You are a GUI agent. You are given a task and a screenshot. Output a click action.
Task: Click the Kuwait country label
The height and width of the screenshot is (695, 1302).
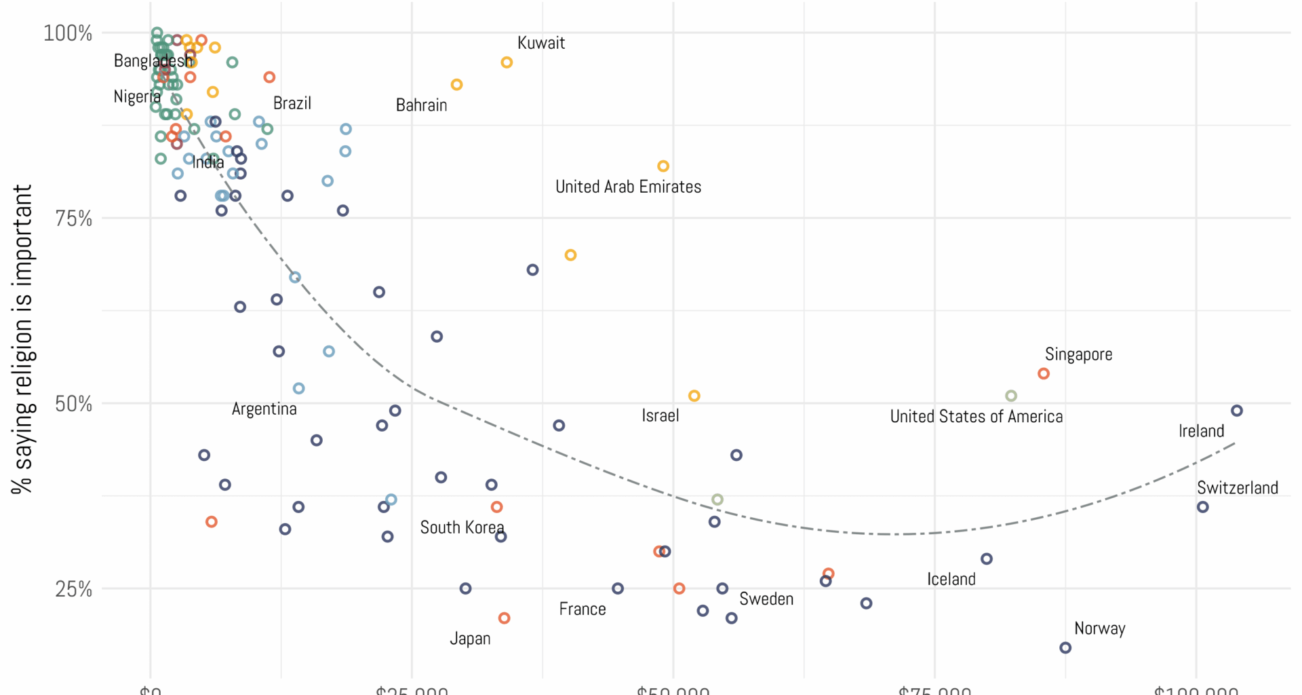tap(540, 43)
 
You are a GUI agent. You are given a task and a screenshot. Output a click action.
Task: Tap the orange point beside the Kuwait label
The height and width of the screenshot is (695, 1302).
tap(507, 62)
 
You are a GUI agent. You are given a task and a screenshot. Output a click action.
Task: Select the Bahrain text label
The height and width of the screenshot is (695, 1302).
tap(421, 105)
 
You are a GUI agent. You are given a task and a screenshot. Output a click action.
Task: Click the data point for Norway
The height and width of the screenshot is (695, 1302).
tap(1065, 647)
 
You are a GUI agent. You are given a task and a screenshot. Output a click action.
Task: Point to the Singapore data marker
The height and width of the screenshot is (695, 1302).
tap(1044, 373)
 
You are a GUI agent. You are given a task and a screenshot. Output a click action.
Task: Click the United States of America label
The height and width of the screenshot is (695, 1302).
tap(976, 416)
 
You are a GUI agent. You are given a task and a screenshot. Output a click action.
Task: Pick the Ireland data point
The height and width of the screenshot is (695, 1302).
tap(1237, 411)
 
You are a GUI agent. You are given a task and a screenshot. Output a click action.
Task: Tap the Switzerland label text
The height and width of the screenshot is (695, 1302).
tap(1237, 487)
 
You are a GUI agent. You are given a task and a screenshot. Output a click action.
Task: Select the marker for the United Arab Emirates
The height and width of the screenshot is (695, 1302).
tap(663, 166)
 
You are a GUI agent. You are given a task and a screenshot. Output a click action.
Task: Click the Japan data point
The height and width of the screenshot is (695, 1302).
tap(504, 618)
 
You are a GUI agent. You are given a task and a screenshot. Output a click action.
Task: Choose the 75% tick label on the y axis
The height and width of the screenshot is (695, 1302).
tap(73, 219)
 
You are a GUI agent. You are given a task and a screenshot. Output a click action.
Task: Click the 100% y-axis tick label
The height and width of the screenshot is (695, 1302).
tap(68, 33)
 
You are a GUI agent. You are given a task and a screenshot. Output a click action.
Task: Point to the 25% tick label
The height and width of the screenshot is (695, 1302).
tap(73, 588)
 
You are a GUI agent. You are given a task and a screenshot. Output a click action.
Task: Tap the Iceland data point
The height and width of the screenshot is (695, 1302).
tap(987, 559)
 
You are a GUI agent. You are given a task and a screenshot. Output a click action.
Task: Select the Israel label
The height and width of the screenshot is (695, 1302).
tap(660, 415)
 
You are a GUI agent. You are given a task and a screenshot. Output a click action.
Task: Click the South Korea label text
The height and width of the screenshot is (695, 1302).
tap(462, 527)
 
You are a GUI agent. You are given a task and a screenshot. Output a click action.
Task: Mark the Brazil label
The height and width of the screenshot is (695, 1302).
tap(292, 103)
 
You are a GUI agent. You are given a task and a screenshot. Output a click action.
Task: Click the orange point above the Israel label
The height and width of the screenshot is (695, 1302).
tap(694, 396)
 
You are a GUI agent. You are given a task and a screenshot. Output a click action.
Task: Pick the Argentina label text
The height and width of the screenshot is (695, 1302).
tap(264, 409)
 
